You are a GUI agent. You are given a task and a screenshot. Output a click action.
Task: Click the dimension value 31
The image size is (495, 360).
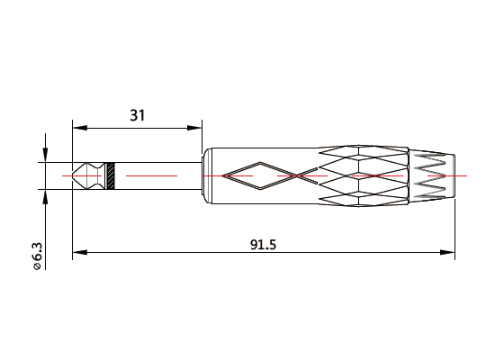click(x=138, y=114)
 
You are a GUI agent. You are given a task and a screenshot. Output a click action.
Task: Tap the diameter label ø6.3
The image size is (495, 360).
click(x=37, y=255)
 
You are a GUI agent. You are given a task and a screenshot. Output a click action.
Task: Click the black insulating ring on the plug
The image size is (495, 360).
click(x=111, y=175)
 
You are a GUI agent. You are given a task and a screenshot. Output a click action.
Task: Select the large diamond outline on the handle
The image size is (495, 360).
click(x=256, y=175)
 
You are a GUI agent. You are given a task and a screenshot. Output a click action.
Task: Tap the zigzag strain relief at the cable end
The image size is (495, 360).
click(x=430, y=175)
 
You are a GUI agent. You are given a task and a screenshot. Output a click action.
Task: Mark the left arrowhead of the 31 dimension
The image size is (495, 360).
click(x=77, y=126)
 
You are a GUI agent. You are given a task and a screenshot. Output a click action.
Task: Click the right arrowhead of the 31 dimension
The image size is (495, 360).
click(x=197, y=126)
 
